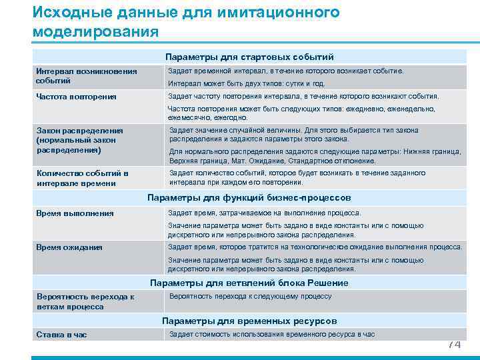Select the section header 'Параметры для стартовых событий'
click(x=249, y=57)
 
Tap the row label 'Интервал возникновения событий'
click(x=86, y=76)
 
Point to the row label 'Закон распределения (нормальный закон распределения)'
click(x=77, y=141)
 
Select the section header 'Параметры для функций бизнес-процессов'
click(x=249, y=198)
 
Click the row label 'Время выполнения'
click(x=75, y=213)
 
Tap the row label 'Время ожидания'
click(x=70, y=247)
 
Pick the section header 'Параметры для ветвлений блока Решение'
click(x=249, y=283)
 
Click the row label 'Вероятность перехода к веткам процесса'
click(x=85, y=301)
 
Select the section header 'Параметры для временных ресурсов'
click(x=249, y=321)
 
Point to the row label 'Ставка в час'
click(x=61, y=335)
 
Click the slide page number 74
click(x=453, y=344)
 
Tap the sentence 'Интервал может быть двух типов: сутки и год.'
click(x=246, y=84)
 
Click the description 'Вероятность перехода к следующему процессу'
click(x=250, y=297)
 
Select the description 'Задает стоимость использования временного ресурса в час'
click(x=271, y=334)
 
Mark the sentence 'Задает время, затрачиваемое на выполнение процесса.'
click(x=264, y=213)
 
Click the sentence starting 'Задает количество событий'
click(x=297, y=177)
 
